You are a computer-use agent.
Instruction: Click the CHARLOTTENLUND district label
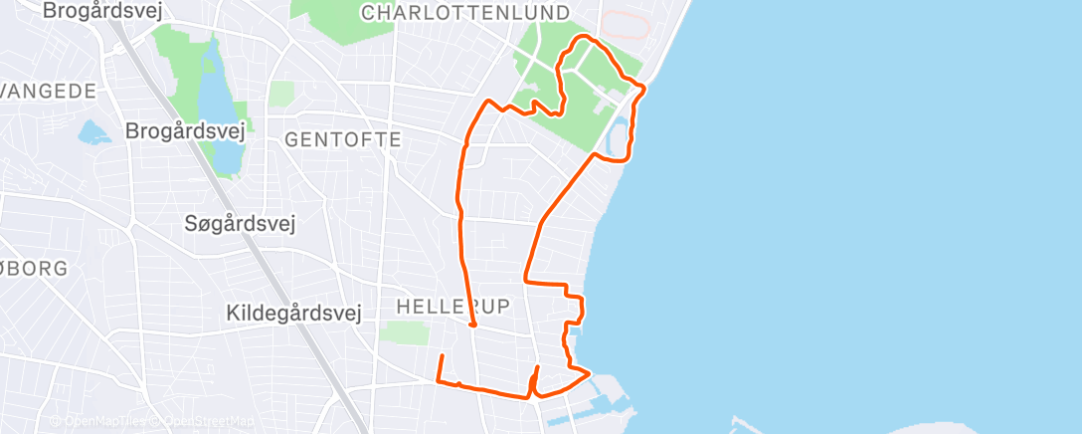[x=465, y=13]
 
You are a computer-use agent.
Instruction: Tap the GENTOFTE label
[x=343, y=139]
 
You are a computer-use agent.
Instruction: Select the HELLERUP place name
[x=452, y=305]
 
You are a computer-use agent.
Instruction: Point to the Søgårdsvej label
[x=240, y=224]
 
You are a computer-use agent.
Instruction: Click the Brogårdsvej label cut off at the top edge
[x=102, y=11]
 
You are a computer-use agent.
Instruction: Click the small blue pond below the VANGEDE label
[x=93, y=132]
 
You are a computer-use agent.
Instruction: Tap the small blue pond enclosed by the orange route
[x=618, y=140]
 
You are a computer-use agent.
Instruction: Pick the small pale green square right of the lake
[x=282, y=95]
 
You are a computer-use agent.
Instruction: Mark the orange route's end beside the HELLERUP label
[x=472, y=324]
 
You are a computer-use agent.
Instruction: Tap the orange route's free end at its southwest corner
[x=442, y=355]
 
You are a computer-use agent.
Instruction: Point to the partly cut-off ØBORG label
[x=34, y=269]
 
